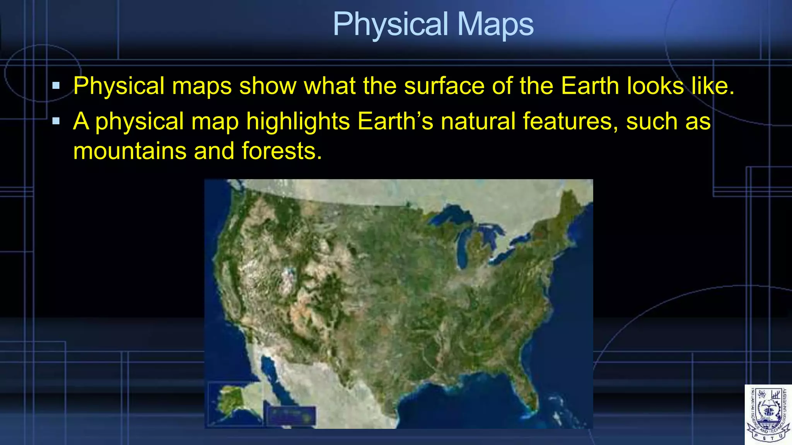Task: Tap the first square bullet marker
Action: click(x=56, y=86)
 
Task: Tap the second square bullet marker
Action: click(x=56, y=121)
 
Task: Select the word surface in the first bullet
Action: click(x=444, y=86)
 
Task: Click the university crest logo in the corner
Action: click(x=768, y=414)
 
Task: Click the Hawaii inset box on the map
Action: click(x=290, y=416)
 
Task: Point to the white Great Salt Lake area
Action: click(x=287, y=275)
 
